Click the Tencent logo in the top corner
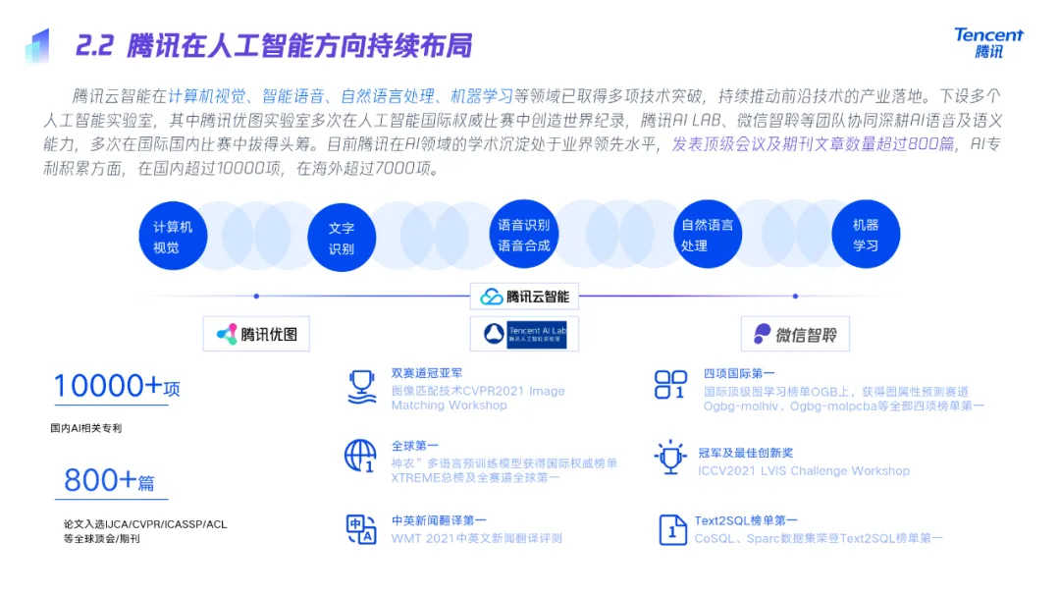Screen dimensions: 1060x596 [988, 41]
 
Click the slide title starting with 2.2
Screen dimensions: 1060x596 [274, 45]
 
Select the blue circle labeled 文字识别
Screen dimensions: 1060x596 [342, 238]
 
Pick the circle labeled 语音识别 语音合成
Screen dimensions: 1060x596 [523, 236]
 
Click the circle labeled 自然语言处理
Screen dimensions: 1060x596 [708, 236]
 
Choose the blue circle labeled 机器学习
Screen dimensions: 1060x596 [866, 236]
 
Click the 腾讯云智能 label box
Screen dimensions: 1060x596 [525, 296]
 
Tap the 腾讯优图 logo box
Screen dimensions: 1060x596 [256, 334]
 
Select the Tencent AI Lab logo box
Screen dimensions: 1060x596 [525, 334]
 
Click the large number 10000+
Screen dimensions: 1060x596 [108, 386]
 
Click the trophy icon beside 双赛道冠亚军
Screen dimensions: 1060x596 [362, 387]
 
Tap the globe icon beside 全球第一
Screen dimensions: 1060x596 [360, 456]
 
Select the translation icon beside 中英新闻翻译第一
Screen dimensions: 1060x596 [361, 529]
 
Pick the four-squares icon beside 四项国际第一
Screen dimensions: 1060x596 [670, 385]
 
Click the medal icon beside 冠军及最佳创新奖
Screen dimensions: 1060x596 [670, 457]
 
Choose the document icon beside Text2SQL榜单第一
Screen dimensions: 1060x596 [672, 530]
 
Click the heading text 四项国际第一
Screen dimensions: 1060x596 [739, 373]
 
